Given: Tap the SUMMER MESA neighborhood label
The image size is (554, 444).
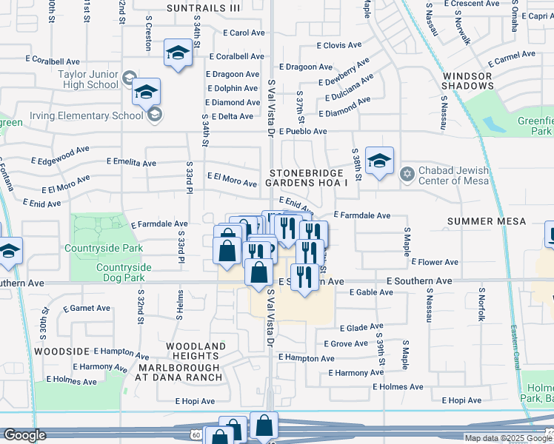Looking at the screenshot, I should pos(487,221).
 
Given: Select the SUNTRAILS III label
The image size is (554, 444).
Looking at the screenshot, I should pos(204,8).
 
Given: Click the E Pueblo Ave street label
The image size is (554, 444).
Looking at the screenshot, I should pos(301,132).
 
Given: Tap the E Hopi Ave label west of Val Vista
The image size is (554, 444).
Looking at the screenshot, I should pos(195,401).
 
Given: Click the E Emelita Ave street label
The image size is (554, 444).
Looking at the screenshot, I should pos(131,163).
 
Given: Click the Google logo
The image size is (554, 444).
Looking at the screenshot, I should pos(24,435).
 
